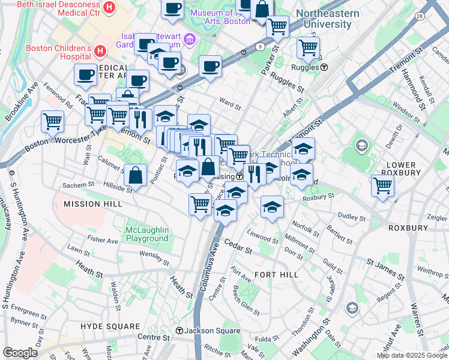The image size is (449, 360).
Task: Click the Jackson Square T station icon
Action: [179, 331]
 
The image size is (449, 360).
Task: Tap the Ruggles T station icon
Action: [324, 67]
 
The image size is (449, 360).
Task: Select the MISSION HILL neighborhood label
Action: [93, 204]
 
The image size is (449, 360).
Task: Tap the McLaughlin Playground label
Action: [147, 234]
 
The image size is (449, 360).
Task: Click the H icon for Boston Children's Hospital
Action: [100, 50]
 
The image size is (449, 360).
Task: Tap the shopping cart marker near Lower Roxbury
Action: [382, 185]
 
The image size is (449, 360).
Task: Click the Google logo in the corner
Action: [20, 352]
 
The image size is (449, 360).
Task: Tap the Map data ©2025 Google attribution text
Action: [412, 355]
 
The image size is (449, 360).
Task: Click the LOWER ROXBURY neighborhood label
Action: [402, 169]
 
